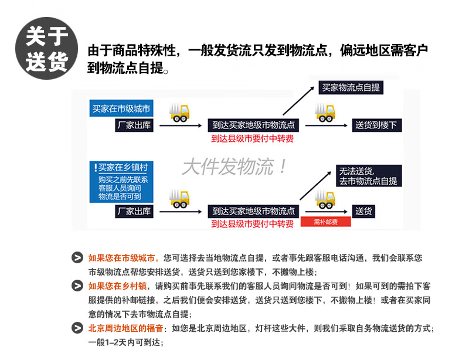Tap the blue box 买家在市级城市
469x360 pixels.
[121, 109]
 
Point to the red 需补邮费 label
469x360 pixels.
[325, 222]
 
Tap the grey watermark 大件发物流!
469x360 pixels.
[235, 167]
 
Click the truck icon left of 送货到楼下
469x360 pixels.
[327, 111]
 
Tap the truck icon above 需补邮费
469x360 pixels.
[327, 199]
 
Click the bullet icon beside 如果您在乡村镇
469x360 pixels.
[77, 286]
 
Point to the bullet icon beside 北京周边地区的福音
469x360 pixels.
[77, 328]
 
